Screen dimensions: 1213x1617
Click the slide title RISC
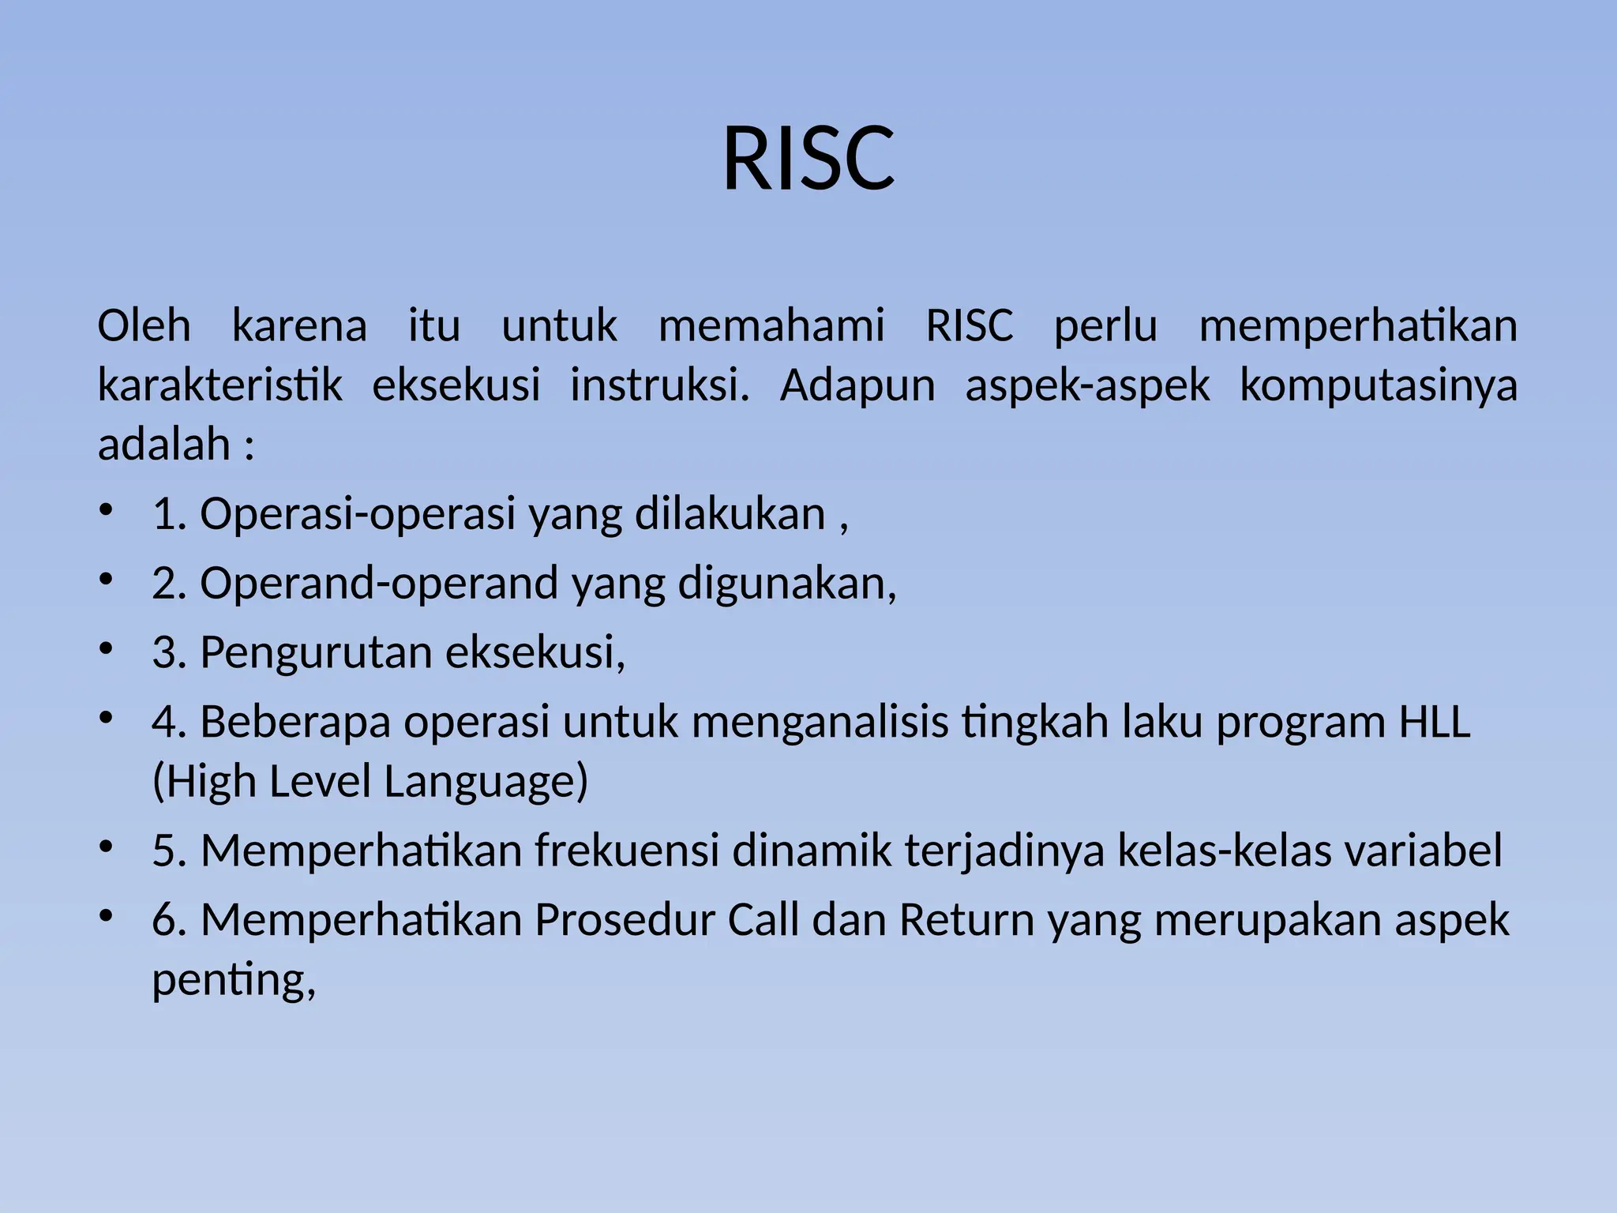coord(808,160)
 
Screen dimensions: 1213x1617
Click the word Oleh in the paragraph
coord(144,325)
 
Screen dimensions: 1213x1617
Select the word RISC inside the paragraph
coord(969,325)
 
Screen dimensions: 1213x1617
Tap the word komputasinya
coord(1378,385)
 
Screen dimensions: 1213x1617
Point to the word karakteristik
coord(219,385)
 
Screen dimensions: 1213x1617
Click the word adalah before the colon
coord(163,445)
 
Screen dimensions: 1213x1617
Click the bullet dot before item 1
coord(107,509)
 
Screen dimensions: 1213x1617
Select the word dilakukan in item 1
coord(730,514)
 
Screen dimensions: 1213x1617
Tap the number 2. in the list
coord(168,584)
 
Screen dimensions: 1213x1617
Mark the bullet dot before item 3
coord(107,648)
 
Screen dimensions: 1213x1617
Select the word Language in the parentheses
coord(486,782)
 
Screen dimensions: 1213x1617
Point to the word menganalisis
coord(820,723)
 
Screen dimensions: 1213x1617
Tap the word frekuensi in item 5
coord(626,851)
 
